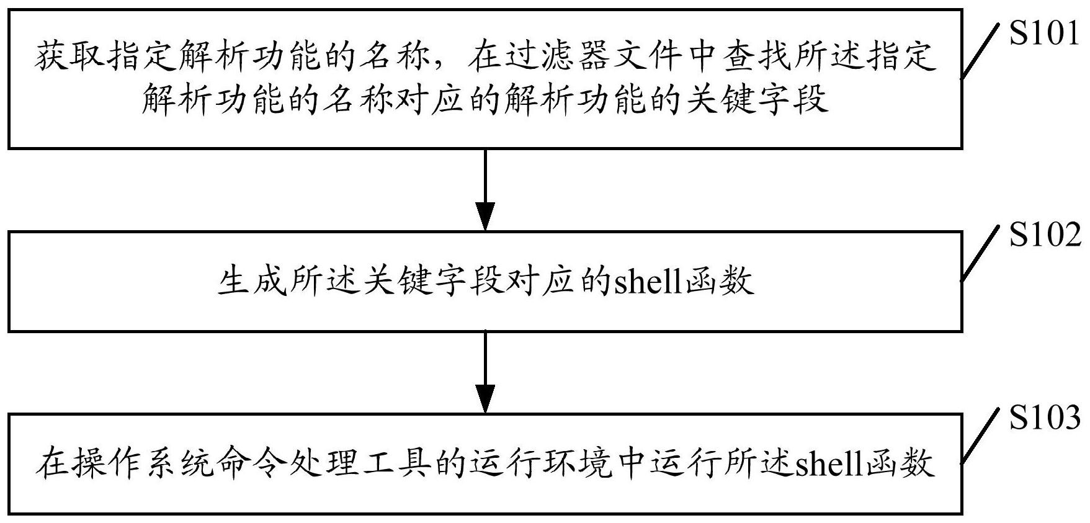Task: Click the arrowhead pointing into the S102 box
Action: point(485,217)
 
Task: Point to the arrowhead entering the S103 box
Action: point(485,398)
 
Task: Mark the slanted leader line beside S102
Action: point(981,251)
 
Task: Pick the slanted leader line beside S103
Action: point(981,435)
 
